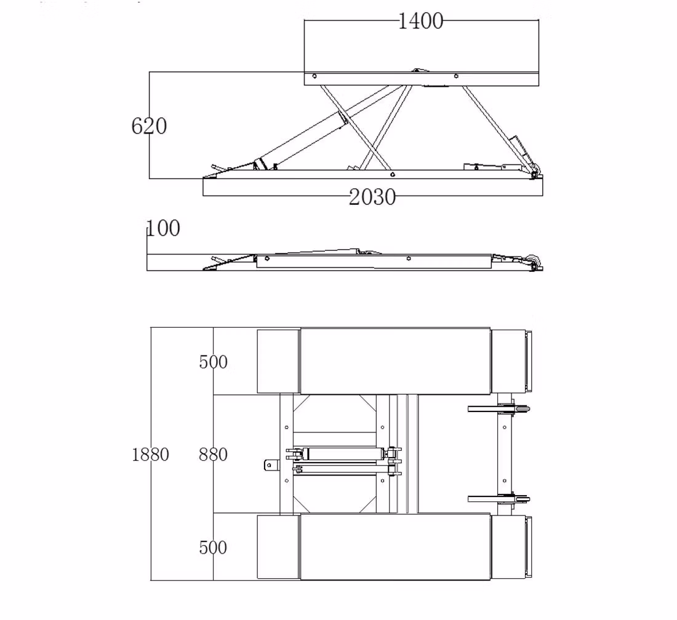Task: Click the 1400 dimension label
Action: pos(420,22)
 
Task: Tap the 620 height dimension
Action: pos(149,126)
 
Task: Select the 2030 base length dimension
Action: pos(372,197)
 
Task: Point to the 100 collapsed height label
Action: pos(164,229)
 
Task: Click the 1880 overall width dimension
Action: pos(150,455)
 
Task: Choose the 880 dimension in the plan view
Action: pos(213,455)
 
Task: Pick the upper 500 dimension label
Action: pos(213,362)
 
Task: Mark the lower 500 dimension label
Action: pos(213,547)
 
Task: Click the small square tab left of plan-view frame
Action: pos(269,466)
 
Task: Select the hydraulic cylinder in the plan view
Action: pos(342,454)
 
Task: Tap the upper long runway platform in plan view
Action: pos(395,361)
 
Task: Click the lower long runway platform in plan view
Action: pos(395,547)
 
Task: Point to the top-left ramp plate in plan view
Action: pos(278,361)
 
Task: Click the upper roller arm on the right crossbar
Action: pos(492,408)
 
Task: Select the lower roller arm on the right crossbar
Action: pos(492,498)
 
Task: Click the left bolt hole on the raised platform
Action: pos(314,77)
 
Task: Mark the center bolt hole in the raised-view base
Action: pos(393,175)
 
